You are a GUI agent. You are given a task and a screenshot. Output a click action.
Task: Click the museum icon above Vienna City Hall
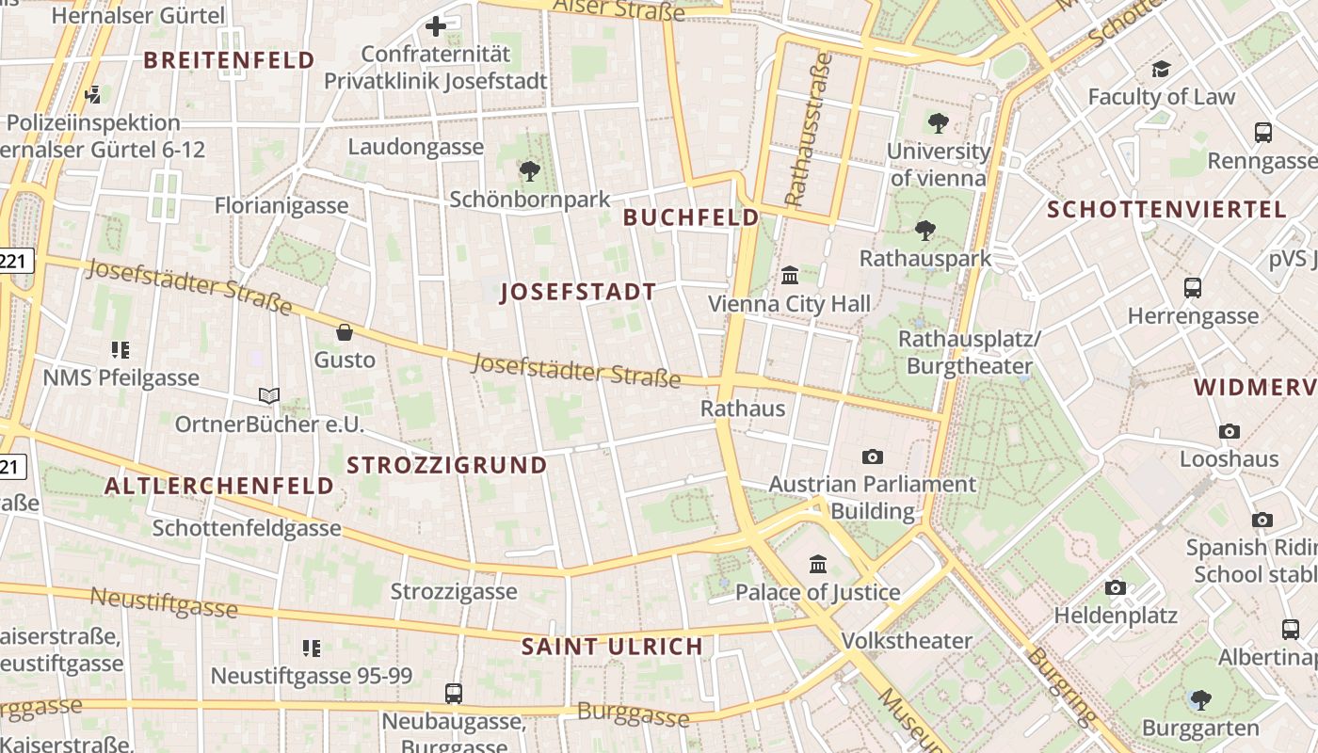coord(790,276)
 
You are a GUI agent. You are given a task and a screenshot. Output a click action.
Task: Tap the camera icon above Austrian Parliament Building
coord(873,457)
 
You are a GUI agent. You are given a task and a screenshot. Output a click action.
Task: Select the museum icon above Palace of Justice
coord(818,565)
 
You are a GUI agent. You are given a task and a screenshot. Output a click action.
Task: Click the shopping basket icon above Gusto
coord(345,332)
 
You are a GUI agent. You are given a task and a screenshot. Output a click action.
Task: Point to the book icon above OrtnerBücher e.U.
coord(269,396)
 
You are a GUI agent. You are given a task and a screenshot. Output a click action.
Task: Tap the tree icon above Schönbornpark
coord(530,171)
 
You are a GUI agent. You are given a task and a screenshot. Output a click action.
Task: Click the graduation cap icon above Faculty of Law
coord(1161,69)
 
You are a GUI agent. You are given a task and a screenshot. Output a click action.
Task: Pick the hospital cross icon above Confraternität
coord(435,26)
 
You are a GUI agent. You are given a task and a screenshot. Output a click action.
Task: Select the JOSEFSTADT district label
coord(578,292)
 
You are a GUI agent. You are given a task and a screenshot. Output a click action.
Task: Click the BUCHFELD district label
coord(691,217)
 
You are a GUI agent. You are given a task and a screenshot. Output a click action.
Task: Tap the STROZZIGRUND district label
coord(447,465)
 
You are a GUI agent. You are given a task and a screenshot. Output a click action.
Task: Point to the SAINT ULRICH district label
coord(612,647)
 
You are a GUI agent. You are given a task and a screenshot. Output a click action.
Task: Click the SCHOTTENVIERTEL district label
coord(1166,210)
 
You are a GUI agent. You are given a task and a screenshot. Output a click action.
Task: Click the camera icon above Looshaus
coord(1230,432)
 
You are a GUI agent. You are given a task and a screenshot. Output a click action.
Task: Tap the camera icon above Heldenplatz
coord(1116,588)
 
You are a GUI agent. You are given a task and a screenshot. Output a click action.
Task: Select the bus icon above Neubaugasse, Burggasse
coord(454,694)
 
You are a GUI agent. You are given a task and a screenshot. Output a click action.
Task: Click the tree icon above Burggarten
coord(1200,700)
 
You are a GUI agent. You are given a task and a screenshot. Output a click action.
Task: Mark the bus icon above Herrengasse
coord(1193,288)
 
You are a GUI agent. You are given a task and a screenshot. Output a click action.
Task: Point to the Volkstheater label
coord(907,641)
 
